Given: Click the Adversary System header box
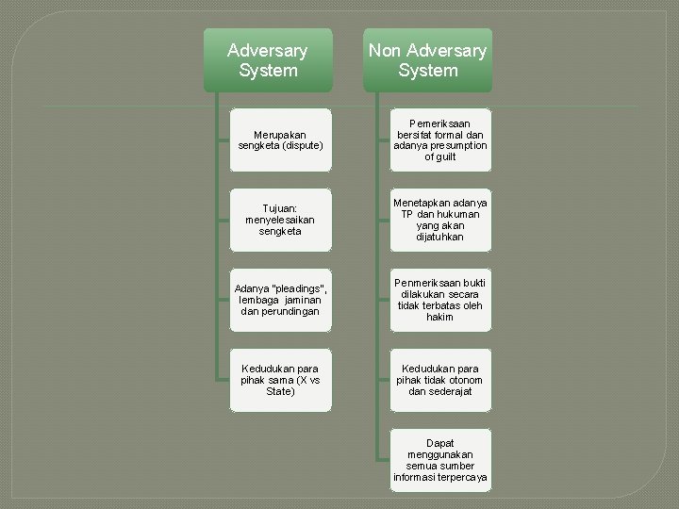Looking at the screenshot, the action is [268, 60].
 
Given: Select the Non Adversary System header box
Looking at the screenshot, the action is [427, 60].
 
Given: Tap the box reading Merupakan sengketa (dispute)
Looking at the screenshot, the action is [281, 140].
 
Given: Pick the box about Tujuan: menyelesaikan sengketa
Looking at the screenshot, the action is [281, 220].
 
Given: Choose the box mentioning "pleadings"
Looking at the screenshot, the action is [281, 300].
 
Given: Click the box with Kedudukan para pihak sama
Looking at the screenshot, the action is [281, 380].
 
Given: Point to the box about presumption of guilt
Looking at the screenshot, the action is [440, 140].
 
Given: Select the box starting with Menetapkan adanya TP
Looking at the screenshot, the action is [440, 220].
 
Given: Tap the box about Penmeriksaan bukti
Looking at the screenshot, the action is [440, 300].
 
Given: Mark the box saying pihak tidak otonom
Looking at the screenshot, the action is [440, 380].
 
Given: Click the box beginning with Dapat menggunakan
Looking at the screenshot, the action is [440, 460].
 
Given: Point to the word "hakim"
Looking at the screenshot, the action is [440, 318].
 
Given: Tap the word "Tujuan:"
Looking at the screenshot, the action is [281, 207].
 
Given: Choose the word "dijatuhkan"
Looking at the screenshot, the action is [440, 238].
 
